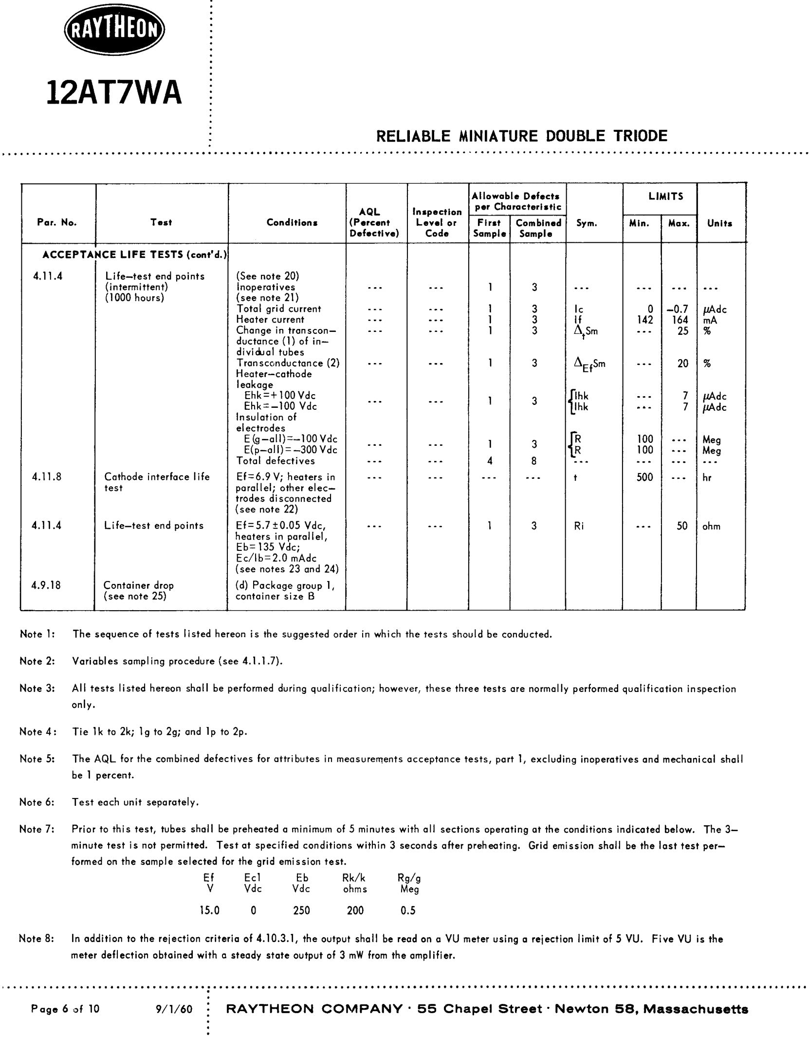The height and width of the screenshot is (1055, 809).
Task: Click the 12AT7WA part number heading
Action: pos(114,92)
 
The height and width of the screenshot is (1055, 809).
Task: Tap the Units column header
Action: pos(719,223)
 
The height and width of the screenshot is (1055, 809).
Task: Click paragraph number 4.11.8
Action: pos(47,477)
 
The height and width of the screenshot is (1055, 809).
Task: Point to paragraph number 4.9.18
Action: pos(46,585)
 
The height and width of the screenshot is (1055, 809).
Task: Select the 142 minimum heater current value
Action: pos(644,320)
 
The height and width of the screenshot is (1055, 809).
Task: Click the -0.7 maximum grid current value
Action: pos(678,309)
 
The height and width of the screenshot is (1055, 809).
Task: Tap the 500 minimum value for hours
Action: pos(644,477)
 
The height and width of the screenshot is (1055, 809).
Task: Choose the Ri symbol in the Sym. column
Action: pos(579,526)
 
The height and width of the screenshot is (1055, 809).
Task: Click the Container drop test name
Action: pos(138,585)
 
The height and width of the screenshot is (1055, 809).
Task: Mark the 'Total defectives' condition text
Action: pos(276,461)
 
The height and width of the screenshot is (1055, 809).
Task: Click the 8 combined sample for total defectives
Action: pos(534,461)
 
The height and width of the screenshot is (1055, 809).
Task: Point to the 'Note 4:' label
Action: pos(37,731)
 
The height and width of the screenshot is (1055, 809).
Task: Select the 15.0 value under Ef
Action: pos(209,910)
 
